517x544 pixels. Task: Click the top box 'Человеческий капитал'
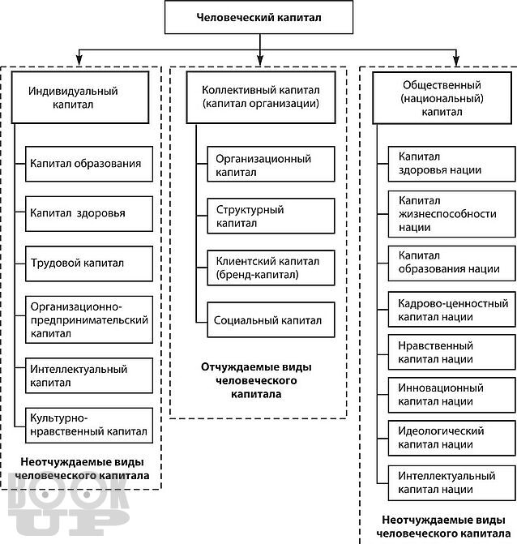pos(258,17)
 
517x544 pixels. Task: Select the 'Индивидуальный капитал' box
pos(80,97)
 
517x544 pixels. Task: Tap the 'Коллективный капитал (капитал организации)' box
pos(261,97)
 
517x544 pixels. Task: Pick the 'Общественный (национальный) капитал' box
pos(442,98)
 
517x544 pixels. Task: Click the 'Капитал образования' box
pos(89,164)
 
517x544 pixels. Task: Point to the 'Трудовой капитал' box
pos(89,263)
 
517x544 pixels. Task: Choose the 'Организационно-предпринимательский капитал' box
pos(89,320)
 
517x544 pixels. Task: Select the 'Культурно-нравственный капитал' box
pos(89,426)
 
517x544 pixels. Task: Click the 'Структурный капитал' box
pos(271,216)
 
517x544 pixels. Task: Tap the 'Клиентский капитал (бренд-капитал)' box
pos(271,268)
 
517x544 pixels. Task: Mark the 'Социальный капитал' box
pos(271,320)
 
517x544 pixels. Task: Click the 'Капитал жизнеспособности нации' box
pos(452,214)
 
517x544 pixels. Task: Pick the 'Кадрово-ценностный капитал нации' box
pos(452,310)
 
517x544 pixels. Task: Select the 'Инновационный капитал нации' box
pos(452,395)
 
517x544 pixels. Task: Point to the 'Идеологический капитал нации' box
pos(452,438)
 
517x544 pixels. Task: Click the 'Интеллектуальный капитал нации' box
pos(452,483)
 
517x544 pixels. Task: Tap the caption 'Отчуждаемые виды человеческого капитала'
pos(256,380)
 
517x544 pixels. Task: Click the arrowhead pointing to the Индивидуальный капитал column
pos(79,60)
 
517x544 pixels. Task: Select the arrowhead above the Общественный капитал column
pos(456,60)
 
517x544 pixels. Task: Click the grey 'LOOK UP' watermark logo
pos(69,503)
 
